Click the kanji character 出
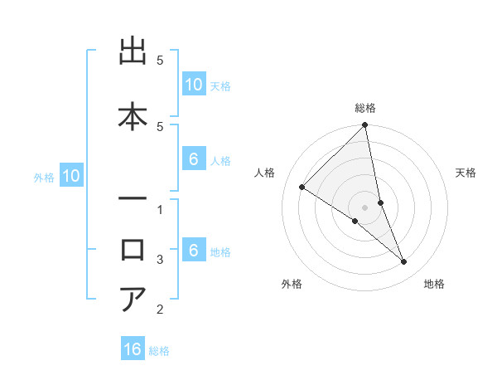tap(134, 53)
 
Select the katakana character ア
tap(134, 299)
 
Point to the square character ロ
tap(134, 249)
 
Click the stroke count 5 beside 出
tap(160, 61)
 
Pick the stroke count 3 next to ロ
tap(160, 260)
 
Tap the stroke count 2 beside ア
tap(160, 310)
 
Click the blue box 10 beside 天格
tap(193, 85)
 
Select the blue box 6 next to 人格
tap(193, 159)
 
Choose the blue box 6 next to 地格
tap(193, 251)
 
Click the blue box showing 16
tap(133, 349)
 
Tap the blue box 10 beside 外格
tap(70, 176)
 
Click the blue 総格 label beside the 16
tap(159, 350)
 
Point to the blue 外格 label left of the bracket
tap(44, 177)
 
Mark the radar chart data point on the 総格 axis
tap(364, 126)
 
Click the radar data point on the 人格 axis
tap(302, 188)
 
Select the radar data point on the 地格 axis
tap(403, 261)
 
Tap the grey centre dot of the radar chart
tap(364, 207)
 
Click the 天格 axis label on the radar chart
tap(466, 173)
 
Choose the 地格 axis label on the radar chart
tap(434, 285)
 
